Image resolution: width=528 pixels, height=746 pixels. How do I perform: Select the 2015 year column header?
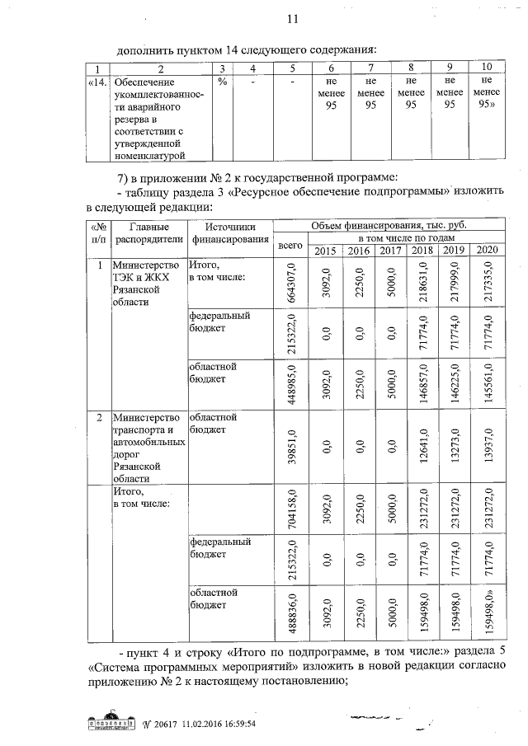pyautogui.click(x=325, y=251)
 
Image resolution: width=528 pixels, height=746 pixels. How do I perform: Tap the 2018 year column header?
pyautogui.click(x=422, y=251)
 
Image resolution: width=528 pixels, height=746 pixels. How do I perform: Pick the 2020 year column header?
pyautogui.click(x=487, y=251)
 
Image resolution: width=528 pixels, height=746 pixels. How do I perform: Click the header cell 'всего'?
pyautogui.click(x=290, y=245)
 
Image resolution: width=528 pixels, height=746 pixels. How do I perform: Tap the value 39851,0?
pyautogui.click(x=290, y=445)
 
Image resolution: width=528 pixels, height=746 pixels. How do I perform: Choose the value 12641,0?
pyautogui.click(x=422, y=445)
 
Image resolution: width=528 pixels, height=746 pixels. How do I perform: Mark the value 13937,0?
pyautogui.click(x=487, y=445)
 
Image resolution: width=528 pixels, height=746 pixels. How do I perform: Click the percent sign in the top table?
pyautogui.click(x=222, y=82)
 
